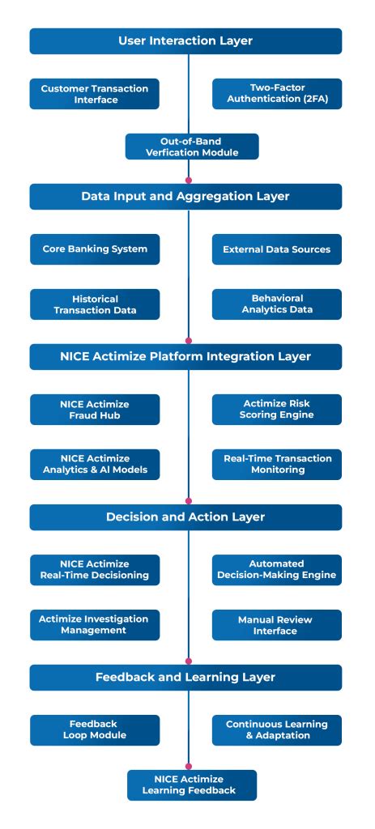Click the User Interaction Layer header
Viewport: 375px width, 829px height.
click(x=185, y=40)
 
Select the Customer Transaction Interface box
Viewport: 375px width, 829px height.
click(x=95, y=94)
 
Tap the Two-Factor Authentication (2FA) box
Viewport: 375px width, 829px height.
click(x=277, y=94)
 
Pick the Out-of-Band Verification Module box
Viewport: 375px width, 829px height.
click(x=192, y=147)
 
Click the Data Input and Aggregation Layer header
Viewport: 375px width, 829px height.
click(x=185, y=196)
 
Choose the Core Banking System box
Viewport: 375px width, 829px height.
click(x=95, y=249)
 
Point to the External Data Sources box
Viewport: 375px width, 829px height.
click(x=277, y=249)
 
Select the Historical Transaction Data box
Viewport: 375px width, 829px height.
click(x=95, y=304)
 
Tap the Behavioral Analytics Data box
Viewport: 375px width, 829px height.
click(x=277, y=304)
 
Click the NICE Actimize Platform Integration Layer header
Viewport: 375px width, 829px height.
click(x=185, y=356)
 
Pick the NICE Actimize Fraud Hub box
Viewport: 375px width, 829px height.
click(x=95, y=410)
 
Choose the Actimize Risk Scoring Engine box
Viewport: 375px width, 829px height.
click(x=277, y=410)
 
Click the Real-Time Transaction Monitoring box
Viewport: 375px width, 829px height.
click(x=277, y=464)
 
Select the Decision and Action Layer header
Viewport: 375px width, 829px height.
click(x=185, y=517)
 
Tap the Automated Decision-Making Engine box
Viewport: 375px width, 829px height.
click(x=277, y=569)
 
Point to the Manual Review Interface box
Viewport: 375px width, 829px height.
click(x=277, y=625)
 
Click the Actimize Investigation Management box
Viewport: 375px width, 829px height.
click(x=95, y=625)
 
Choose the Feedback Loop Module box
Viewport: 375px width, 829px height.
click(x=95, y=729)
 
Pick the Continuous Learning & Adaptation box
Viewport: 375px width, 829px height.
click(x=277, y=729)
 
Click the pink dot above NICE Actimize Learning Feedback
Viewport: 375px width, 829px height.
click(x=189, y=765)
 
